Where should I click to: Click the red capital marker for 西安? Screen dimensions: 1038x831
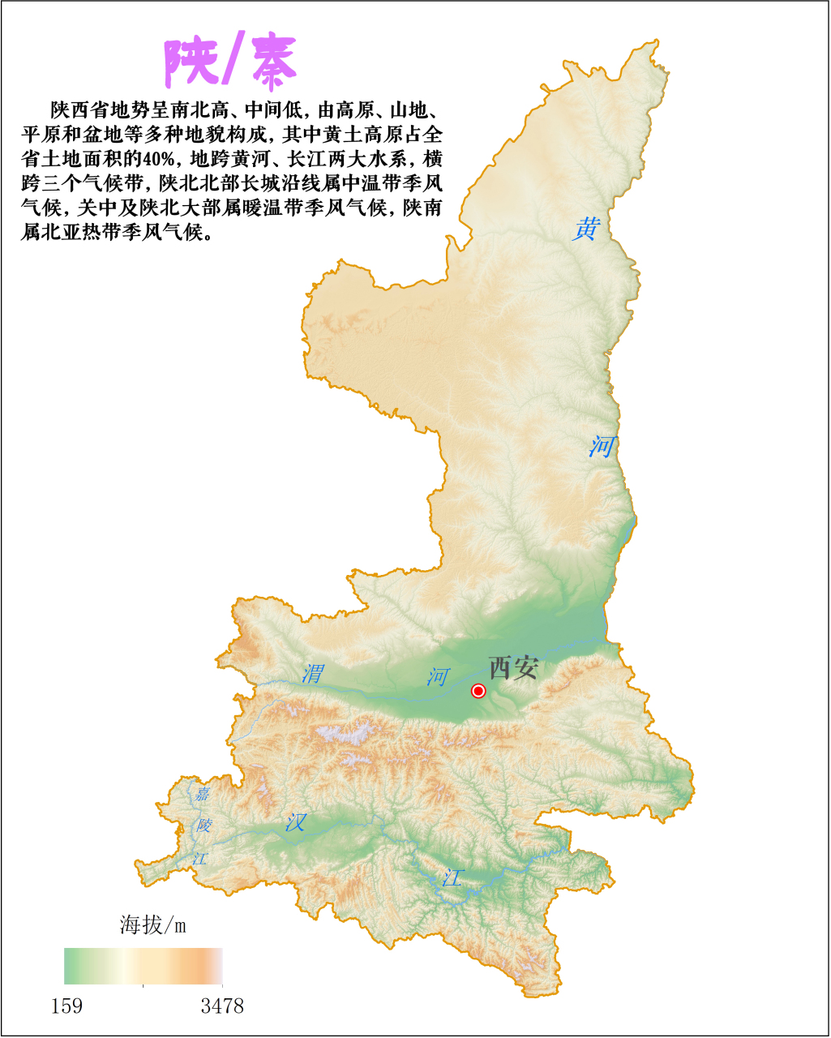tap(478, 691)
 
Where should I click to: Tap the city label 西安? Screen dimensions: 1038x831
tap(513, 668)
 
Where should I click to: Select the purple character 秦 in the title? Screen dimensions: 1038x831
tap(273, 63)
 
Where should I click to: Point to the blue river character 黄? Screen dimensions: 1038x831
tap(585, 229)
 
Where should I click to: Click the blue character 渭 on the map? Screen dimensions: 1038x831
tap(312, 673)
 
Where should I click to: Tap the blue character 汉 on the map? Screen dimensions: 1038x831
tap(295, 822)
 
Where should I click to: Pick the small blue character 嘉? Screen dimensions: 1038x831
tap(201, 794)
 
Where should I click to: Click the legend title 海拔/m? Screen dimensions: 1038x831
tap(153, 924)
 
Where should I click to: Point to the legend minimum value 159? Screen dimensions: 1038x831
tap(66, 1006)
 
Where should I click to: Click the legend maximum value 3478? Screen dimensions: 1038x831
tap(222, 1006)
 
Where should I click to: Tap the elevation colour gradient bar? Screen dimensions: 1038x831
tap(143, 966)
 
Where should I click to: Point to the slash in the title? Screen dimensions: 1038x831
tap(232, 63)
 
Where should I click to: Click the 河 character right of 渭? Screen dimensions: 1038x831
tap(439, 677)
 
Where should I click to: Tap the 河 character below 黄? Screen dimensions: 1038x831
tap(602, 446)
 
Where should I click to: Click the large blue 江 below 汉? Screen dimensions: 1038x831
tap(452, 877)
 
